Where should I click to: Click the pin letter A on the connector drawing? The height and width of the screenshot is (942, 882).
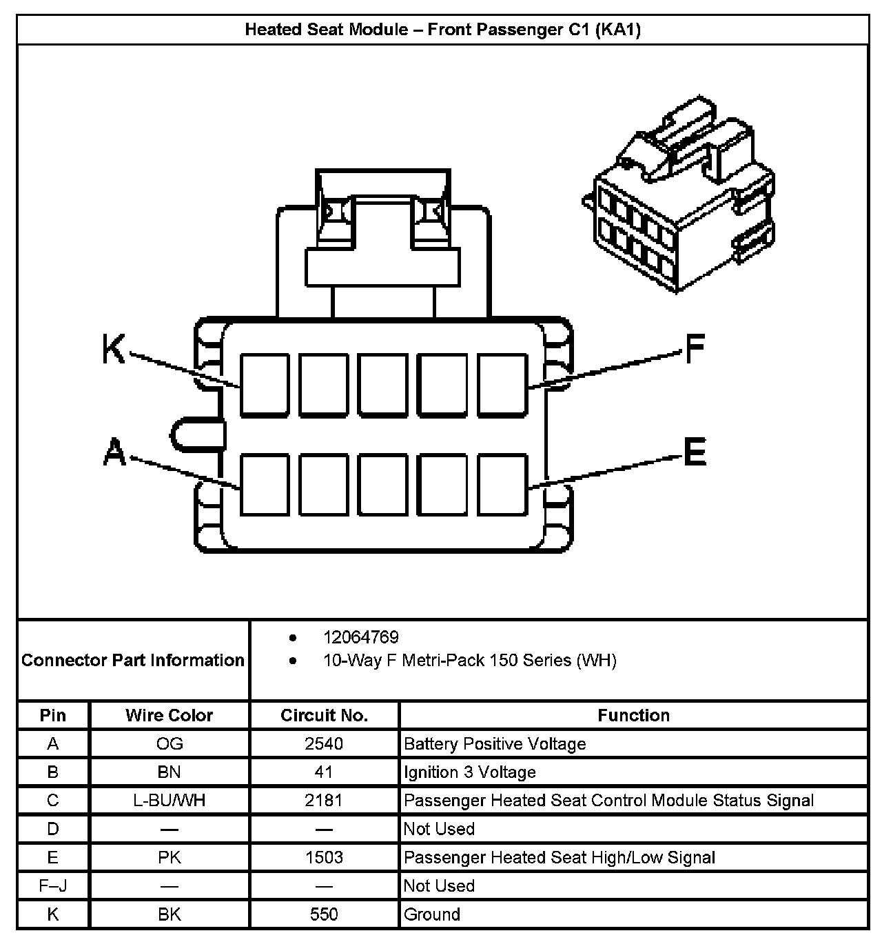tap(115, 452)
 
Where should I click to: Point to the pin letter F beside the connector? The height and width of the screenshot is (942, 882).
tap(695, 348)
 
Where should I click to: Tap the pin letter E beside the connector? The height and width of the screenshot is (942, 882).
tap(695, 452)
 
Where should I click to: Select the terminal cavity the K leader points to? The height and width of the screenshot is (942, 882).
tap(265, 385)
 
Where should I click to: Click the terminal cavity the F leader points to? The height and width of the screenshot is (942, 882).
tap(502, 385)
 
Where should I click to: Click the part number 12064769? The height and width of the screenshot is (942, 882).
tap(361, 637)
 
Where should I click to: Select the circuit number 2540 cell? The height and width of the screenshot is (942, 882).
tap(324, 744)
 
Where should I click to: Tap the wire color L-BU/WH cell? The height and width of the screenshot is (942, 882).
tap(170, 801)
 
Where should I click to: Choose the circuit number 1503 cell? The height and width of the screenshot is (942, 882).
tap(324, 857)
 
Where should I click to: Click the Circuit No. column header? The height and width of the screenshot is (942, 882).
tap(324, 715)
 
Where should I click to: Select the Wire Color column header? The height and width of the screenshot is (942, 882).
tap(170, 715)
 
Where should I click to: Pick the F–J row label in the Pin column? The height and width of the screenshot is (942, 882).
tap(53, 885)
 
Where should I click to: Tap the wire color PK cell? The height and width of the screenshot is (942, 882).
tap(170, 857)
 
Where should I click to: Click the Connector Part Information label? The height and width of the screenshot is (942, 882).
tap(133, 660)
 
